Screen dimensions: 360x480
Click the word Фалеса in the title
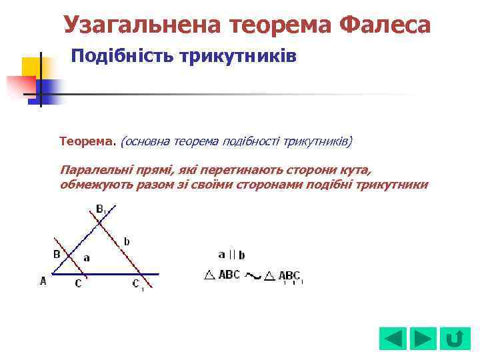[385, 25]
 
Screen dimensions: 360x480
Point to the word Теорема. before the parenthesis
[88, 141]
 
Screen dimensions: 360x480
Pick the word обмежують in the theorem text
[94, 185]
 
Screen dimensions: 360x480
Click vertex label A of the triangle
[43, 281]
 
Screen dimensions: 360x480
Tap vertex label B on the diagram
[57, 254]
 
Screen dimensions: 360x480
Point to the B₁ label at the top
[101, 209]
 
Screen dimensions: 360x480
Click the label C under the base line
[78, 283]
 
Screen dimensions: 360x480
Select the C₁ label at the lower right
[137, 285]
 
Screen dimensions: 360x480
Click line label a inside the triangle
[86, 257]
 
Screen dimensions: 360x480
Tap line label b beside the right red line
[127, 240]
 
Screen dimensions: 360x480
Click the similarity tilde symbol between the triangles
[253, 275]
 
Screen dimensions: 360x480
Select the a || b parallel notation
[231, 255]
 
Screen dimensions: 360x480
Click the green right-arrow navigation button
[423, 338]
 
